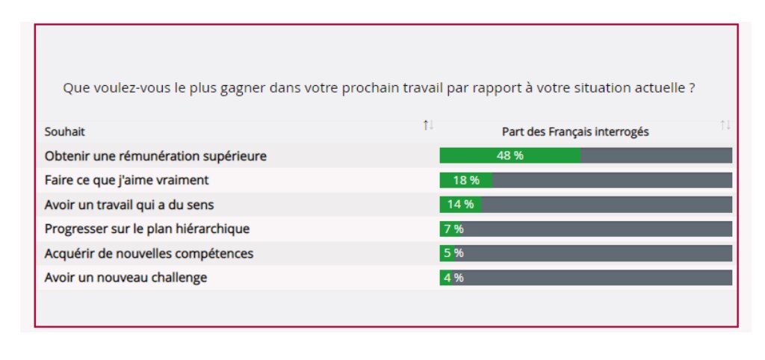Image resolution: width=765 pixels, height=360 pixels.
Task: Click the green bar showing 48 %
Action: coord(510,155)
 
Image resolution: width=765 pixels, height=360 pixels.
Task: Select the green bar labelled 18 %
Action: coord(465,180)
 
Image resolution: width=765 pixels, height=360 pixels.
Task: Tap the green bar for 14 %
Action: coord(460,204)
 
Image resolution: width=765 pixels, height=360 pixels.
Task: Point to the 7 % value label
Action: coord(453,229)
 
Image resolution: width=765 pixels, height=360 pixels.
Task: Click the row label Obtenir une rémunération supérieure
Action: coord(155,156)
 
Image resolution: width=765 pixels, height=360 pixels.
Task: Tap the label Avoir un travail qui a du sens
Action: coord(134,204)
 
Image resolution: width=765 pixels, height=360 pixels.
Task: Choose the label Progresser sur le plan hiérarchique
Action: coord(146,229)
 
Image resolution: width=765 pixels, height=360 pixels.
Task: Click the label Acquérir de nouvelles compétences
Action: coord(149,253)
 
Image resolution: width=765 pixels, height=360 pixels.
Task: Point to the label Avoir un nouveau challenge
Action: coord(126,278)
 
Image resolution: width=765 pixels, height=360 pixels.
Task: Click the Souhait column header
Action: coord(65,131)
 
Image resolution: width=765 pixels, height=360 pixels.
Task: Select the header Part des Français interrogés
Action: coord(574,131)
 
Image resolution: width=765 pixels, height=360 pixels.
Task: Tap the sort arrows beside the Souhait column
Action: coord(428,125)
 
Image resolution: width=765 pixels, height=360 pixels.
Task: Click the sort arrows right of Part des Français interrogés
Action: coord(725,125)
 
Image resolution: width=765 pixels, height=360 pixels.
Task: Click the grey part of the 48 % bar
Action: coord(656,155)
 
